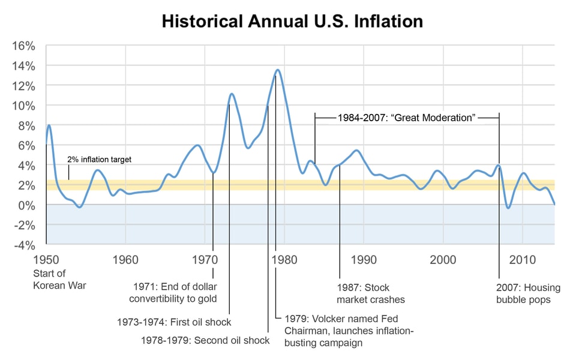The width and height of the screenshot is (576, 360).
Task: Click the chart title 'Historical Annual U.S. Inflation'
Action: (292, 22)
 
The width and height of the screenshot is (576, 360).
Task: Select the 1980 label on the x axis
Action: (284, 260)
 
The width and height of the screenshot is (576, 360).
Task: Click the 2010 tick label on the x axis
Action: (522, 260)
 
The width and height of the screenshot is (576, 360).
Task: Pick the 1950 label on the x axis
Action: (46, 260)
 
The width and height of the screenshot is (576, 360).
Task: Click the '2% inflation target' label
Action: (99, 160)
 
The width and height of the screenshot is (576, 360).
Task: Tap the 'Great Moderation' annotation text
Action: (406, 118)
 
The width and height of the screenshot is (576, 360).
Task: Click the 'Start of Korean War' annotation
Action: (59, 280)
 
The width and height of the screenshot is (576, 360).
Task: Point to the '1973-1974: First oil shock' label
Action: (174, 322)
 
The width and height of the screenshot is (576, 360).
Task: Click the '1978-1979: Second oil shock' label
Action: (205, 340)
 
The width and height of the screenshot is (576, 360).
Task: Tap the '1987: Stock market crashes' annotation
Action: (370, 293)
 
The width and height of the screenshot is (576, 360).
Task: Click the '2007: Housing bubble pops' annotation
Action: (523, 293)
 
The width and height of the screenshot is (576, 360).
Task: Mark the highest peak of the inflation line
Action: (277, 70)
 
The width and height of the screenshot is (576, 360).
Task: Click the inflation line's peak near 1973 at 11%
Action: (232, 94)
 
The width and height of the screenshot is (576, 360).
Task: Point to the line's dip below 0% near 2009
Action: (508, 208)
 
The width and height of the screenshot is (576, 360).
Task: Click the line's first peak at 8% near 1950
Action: (49, 125)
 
